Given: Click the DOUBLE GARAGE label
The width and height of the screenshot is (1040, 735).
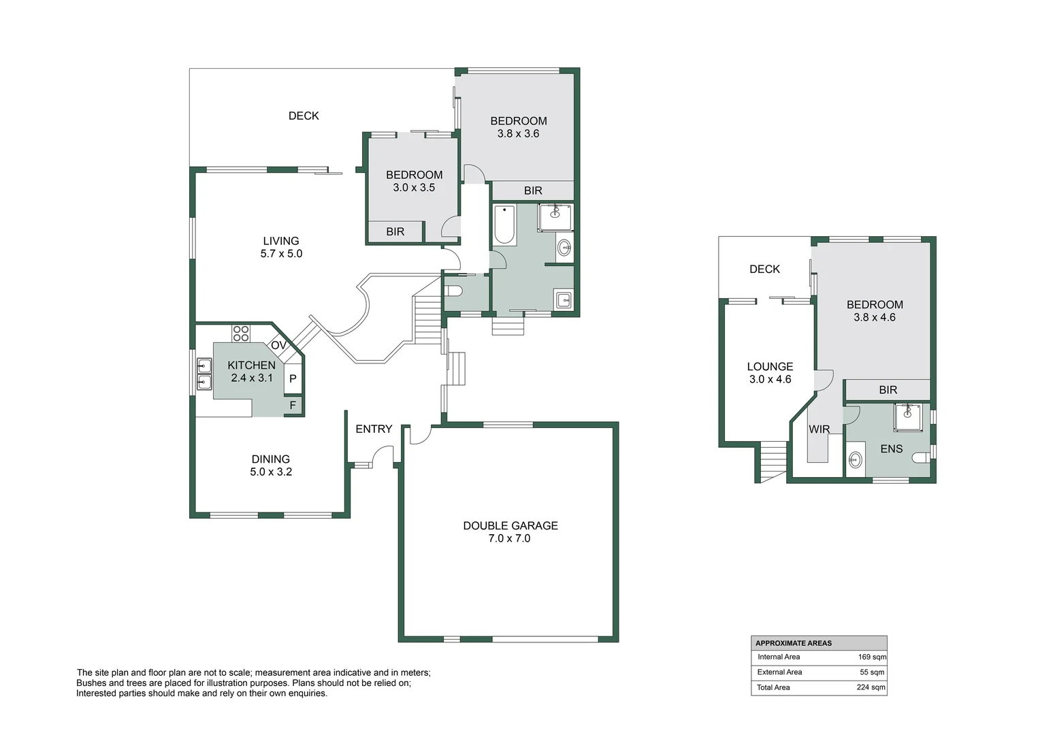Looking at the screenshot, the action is tap(510, 525).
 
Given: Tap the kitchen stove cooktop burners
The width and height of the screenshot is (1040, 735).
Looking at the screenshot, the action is tap(240, 333).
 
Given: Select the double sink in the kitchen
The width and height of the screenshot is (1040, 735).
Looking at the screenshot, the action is tap(204, 374).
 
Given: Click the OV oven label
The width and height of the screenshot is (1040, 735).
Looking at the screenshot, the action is tap(278, 345).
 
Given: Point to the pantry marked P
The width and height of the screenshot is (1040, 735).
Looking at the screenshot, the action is tap(293, 378).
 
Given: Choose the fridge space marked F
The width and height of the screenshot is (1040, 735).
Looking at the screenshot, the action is tap(293, 406).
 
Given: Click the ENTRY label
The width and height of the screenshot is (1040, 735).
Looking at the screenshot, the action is tap(374, 429).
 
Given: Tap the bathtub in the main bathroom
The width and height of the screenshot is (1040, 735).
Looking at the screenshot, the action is tap(504, 225).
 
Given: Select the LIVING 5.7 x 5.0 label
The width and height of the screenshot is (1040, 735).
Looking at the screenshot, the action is tap(281, 247).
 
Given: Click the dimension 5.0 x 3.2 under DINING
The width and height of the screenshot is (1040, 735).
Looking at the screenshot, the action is tap(271, 472).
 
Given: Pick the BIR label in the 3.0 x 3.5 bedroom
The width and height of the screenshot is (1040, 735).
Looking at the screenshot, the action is tap(395, 231).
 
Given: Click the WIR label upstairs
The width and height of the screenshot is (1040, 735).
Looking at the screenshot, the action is tap(819, 429).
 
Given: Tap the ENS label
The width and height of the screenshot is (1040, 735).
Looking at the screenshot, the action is tap(892, 449).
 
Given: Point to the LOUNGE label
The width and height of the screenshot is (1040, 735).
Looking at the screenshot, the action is tap(770, 366).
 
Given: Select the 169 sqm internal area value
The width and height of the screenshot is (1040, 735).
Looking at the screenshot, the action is tap(872, 657).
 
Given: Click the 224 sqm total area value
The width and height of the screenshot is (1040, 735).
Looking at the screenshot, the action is tap(871, 687).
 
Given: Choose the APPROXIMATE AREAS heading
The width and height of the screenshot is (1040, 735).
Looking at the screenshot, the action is tap(794, 643).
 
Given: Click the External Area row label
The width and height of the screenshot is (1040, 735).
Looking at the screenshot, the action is tap(779, 672).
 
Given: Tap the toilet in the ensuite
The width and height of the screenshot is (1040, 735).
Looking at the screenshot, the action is tap(922, 458).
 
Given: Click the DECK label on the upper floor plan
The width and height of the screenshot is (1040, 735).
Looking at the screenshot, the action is tap(764, 269).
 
